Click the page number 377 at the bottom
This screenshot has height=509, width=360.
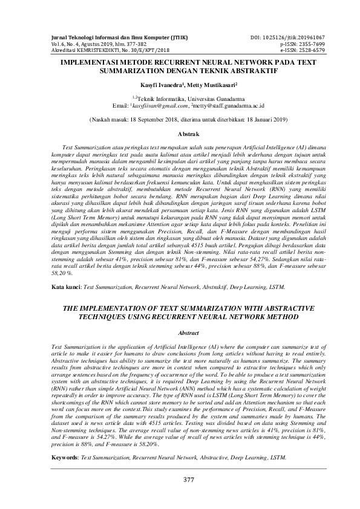click(x=180, y=479)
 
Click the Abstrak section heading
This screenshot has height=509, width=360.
click(x=180, y=132)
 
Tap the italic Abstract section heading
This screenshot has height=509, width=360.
click(x=180, y=332)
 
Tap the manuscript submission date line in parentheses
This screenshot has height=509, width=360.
click(x=180, y=120)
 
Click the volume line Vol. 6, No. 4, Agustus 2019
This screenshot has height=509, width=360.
click(x=88, y=45)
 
